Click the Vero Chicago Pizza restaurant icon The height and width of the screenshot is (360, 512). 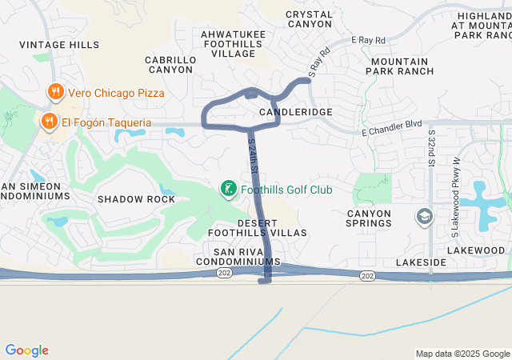[55, 92]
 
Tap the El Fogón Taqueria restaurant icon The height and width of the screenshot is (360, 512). [48, 122]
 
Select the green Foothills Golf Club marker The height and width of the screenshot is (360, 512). [228, 190]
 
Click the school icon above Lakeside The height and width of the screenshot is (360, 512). [424, 217]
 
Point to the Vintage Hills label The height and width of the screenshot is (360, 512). [59, 45]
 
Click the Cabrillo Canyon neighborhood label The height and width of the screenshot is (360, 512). [170, 65]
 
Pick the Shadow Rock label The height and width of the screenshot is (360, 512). [136, 198]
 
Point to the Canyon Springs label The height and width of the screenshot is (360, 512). [369, 218]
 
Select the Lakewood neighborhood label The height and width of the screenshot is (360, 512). [477, 250]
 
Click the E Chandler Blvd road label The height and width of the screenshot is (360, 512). [391, 130]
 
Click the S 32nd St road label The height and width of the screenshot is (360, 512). [432, 147]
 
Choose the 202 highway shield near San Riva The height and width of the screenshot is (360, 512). [225, 274]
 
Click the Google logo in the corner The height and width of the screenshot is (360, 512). [26, 350]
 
